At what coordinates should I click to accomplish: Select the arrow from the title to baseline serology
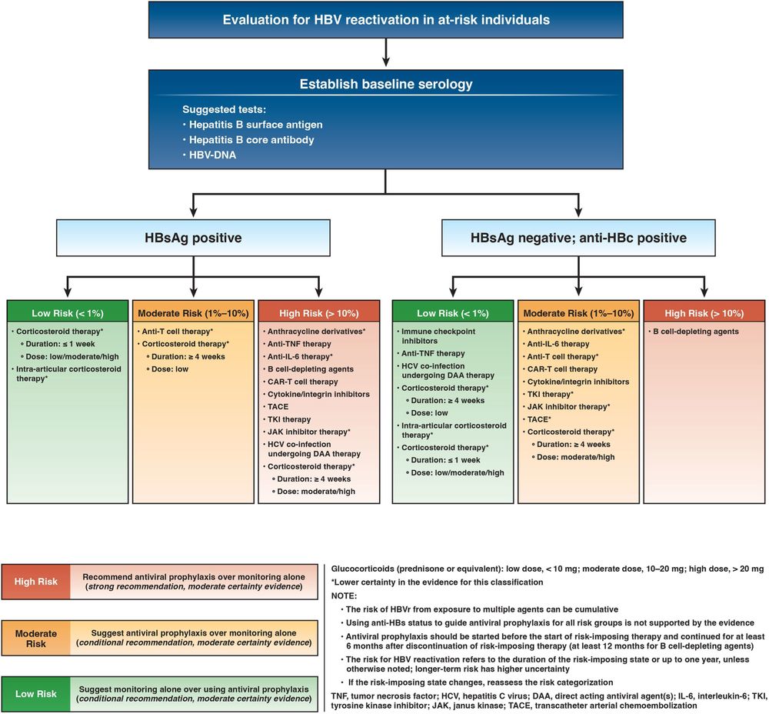tap(385, 53)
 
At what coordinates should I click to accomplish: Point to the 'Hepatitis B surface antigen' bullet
tap(253, 125)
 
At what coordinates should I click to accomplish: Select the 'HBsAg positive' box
tap(195, 238)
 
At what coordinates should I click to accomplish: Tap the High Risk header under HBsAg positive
tap(319, 312)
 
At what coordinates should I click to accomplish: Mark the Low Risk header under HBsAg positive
tap(68, 312)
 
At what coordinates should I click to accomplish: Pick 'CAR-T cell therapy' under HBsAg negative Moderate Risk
tap(561, 369)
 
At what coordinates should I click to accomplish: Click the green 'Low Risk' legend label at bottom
tap(36, 693)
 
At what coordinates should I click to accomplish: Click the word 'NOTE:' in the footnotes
tap(345, 595)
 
